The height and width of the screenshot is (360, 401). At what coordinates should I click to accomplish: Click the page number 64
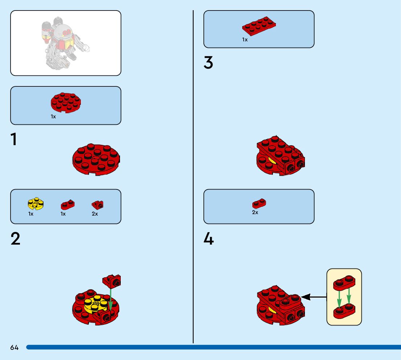click(14, 348)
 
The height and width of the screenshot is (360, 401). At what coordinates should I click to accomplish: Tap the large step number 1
click(14, 140)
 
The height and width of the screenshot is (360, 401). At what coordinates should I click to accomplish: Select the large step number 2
click(15, 239)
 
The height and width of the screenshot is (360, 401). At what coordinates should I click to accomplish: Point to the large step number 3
click(208, 63)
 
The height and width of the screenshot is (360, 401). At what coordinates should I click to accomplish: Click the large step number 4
click(208, 239)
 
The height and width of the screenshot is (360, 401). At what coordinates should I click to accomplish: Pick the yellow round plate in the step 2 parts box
click(36, 203)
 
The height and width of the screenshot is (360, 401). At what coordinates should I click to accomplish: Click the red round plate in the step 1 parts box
click(66, 102)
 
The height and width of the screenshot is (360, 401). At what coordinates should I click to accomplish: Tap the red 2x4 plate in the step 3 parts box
click(259, 26)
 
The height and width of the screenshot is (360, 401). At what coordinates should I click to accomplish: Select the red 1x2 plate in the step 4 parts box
click(259, 203)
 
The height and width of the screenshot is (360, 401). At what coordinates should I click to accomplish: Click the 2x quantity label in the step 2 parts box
click(95, 214)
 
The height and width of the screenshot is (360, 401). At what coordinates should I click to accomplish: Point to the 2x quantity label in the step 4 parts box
click(255, 212)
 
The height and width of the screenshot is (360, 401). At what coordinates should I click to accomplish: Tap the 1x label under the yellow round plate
click(31, 214)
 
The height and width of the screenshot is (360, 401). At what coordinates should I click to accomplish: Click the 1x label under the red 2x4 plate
click(245, 40)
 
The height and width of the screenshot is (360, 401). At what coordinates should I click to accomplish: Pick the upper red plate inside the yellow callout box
click(344, 282)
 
